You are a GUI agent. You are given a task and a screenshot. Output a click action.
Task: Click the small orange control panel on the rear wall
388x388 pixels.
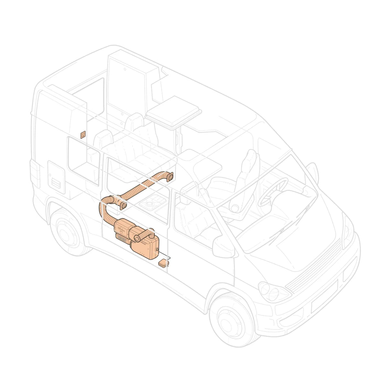83,135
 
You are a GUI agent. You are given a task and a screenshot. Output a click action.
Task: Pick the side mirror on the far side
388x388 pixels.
313,169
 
